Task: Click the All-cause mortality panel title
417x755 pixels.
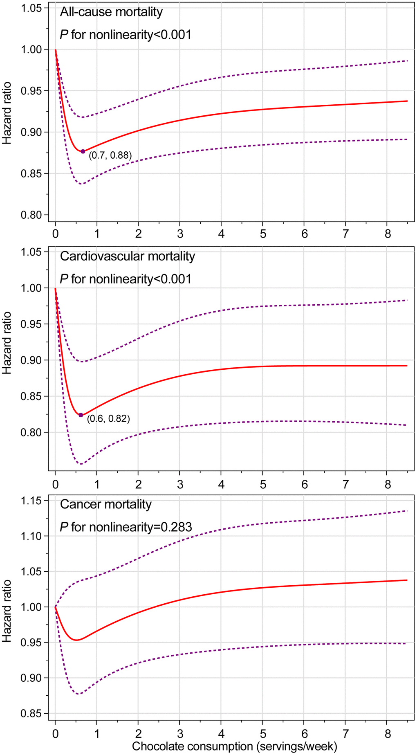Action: click(111, 12)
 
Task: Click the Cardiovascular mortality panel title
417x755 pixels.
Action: click(128, 256)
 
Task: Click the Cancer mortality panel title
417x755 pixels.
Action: click(105, 504)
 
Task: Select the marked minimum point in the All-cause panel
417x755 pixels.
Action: click(83, 151)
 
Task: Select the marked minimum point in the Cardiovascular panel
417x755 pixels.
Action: click(81, 415)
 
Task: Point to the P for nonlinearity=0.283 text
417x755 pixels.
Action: click(126, 527)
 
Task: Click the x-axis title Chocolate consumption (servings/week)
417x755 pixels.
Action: click(234, 746)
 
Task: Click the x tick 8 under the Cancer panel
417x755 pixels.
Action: click(388, 733)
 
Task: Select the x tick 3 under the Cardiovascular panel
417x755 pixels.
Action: click(180, 485)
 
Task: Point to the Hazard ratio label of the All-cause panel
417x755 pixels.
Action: click(7, 114)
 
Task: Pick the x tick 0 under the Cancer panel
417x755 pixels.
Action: click(55, 733)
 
